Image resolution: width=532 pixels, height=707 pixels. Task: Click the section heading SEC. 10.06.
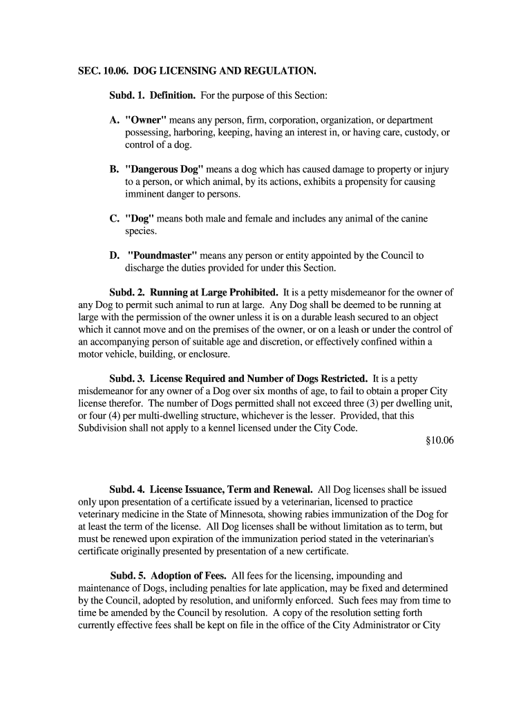pos(102,71)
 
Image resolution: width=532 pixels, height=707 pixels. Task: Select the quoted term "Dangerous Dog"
pos(164,169)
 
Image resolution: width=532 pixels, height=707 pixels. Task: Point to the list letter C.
pos(115,219)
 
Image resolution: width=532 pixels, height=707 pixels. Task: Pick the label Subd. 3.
pos(128,378)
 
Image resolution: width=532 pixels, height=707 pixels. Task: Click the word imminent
pos(146,194)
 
